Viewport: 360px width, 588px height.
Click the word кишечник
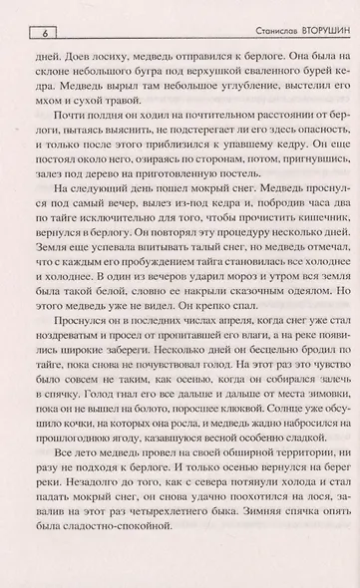point(301,243)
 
